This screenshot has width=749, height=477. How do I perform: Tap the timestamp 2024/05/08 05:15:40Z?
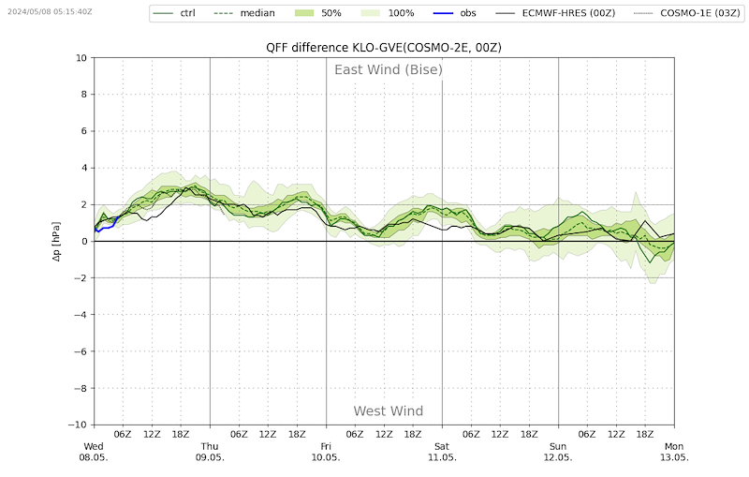point(50,11)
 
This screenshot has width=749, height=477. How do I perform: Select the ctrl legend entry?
point(174,13)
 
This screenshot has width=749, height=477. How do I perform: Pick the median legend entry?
point(243,13)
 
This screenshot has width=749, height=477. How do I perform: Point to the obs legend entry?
point(455,13)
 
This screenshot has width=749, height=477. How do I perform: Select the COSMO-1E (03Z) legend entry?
point(687,13)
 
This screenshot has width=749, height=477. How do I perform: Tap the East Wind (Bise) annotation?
point(389,69)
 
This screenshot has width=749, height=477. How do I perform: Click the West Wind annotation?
point(389,411)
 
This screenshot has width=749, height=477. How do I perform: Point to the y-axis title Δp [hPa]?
point(57,241)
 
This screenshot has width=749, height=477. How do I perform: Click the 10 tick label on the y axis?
point(81,58)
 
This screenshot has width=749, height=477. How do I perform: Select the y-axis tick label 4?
point(84,168)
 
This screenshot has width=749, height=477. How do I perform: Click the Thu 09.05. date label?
point(210,452)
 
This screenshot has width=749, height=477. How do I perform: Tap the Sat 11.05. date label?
point(442,452)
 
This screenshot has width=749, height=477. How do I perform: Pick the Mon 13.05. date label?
point(674,452)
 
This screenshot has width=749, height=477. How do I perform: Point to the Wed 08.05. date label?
point(94,452)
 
